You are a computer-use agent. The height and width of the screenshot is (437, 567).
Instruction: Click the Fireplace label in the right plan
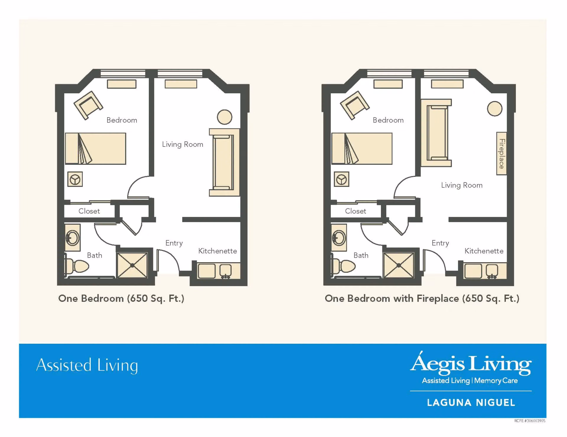[x=501, y=154]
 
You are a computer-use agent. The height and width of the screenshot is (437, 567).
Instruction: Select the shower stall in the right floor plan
[x=399, y=265]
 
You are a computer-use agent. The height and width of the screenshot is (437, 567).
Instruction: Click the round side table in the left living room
[x=224, y=117]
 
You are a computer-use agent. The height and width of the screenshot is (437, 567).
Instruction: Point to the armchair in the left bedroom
[x=88, y=105]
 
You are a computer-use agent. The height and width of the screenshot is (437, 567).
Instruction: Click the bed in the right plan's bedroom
[x=362, y=149]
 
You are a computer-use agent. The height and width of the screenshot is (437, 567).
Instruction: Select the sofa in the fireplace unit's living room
[x=436, y=133]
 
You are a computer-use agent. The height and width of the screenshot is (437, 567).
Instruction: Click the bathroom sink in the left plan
[x=73, y=238]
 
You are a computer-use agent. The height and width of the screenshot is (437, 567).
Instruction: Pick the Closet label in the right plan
[x=355, y=211]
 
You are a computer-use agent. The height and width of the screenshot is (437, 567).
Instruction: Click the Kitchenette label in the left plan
[x=217, y=251]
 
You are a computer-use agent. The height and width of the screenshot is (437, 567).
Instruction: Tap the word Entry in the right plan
[x=440, y=243]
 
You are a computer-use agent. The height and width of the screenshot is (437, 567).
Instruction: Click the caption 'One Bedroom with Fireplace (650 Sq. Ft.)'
[x=422, y=299]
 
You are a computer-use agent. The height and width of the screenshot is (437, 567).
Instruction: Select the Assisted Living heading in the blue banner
[x=87, y=365]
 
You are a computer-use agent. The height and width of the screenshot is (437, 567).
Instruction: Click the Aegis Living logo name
[x=471, y=363]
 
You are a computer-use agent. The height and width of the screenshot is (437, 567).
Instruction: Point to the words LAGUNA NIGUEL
[x=471, y=402]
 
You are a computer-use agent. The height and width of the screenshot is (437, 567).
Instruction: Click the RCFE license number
[x=529, y=421]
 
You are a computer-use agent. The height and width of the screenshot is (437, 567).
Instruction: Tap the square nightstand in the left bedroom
[x=75, y=179]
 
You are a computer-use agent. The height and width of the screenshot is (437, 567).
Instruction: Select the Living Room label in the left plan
[x=183, y=144]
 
